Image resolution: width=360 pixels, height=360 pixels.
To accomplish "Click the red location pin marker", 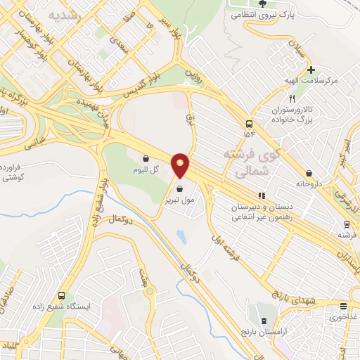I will coord(181,165).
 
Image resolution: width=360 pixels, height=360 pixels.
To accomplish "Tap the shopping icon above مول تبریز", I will coord(181,188).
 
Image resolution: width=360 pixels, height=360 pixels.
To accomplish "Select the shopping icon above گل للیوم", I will coord(146,159).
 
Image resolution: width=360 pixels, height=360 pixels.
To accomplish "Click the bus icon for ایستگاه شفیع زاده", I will coord(62,296).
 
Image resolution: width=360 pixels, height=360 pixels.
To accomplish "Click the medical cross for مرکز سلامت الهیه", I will coord(310,70).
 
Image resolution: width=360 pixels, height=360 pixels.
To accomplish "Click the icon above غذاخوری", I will coord(343,306).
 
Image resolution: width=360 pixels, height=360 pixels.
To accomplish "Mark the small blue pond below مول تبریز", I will coord(181,237).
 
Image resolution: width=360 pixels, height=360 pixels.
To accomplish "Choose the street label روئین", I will coord(192,72).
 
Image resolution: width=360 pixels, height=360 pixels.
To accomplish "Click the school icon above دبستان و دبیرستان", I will coord(262,196).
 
